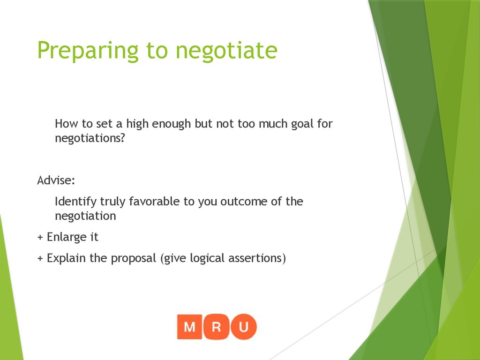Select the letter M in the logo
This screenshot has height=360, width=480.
tap(190, 327)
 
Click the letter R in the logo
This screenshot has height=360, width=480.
tap(217, 327)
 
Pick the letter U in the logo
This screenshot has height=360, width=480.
tap(243, 327)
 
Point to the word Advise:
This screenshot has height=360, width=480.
tap(55, 180)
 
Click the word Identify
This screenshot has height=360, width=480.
tap(75, 202)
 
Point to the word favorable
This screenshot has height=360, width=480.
tap(154, 202)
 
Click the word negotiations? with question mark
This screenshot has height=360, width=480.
tap(90, 139)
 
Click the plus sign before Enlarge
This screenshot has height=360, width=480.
tap(40, 238)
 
